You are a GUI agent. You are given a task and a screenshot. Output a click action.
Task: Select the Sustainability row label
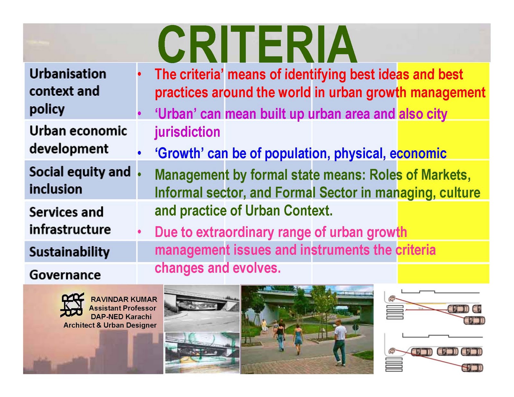tap(69, 252)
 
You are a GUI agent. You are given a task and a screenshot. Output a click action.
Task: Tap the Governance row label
tap(65, 275)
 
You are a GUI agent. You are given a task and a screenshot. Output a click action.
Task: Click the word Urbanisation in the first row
tap(68, 74)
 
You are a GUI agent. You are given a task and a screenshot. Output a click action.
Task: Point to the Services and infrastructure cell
tap(70, 221)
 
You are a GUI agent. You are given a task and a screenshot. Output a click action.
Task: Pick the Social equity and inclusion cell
tap(80, 180)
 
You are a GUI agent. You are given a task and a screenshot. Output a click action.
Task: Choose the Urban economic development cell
tap(78, 140)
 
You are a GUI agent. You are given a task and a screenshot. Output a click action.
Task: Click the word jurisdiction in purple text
tap(187, 132)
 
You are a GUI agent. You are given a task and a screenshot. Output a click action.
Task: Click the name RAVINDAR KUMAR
tap(124, 299)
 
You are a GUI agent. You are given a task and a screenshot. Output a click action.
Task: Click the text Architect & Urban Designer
tap(110, 325)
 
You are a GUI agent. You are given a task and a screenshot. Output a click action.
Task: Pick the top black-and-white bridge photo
tap(202, 308)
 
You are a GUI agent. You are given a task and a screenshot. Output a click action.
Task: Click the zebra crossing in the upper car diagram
tap(394, 312)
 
